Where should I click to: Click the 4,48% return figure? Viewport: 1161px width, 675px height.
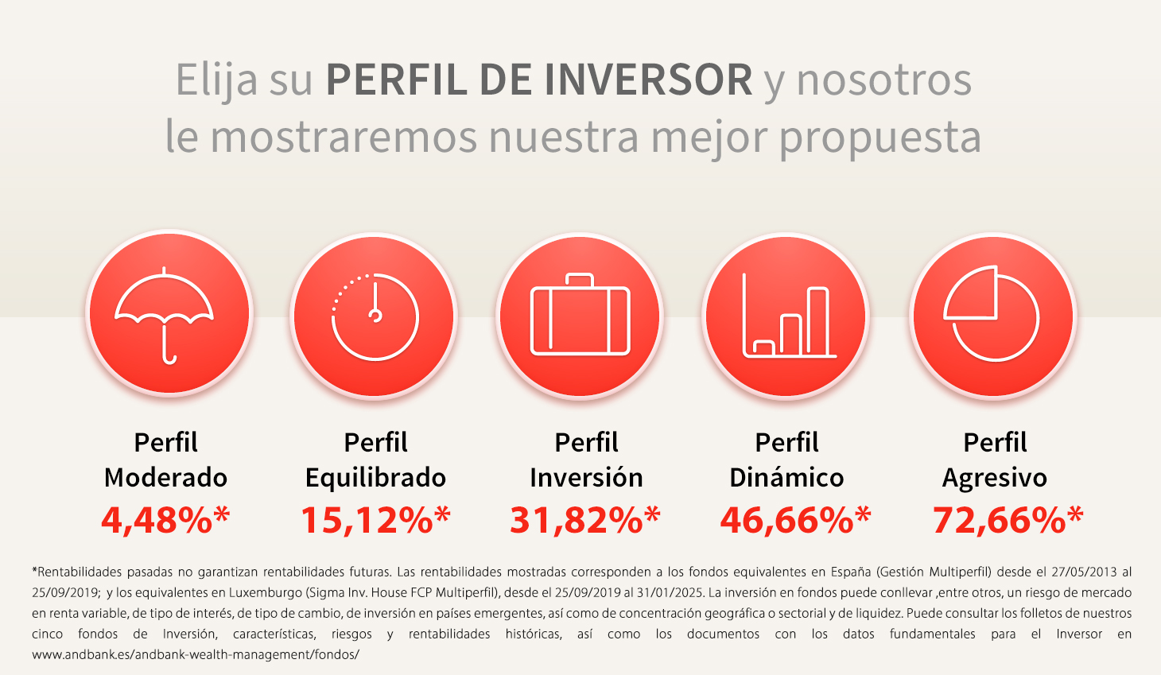[165, 520]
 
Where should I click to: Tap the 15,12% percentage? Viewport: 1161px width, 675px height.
[376, 520]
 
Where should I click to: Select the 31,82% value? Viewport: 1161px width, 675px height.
[585, 520]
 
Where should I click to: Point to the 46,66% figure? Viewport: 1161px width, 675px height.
[795, 520]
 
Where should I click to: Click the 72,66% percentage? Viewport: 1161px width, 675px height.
[1008, 520]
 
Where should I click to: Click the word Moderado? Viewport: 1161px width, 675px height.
[165, 477]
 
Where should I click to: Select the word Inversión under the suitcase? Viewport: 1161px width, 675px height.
[586, 477]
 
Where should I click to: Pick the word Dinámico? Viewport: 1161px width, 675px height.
[786, 477]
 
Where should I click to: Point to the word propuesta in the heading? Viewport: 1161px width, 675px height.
[880, 138]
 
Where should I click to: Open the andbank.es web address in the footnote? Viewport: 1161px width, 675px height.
[196, 655]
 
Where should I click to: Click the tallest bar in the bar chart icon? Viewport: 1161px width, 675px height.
[818, 322]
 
